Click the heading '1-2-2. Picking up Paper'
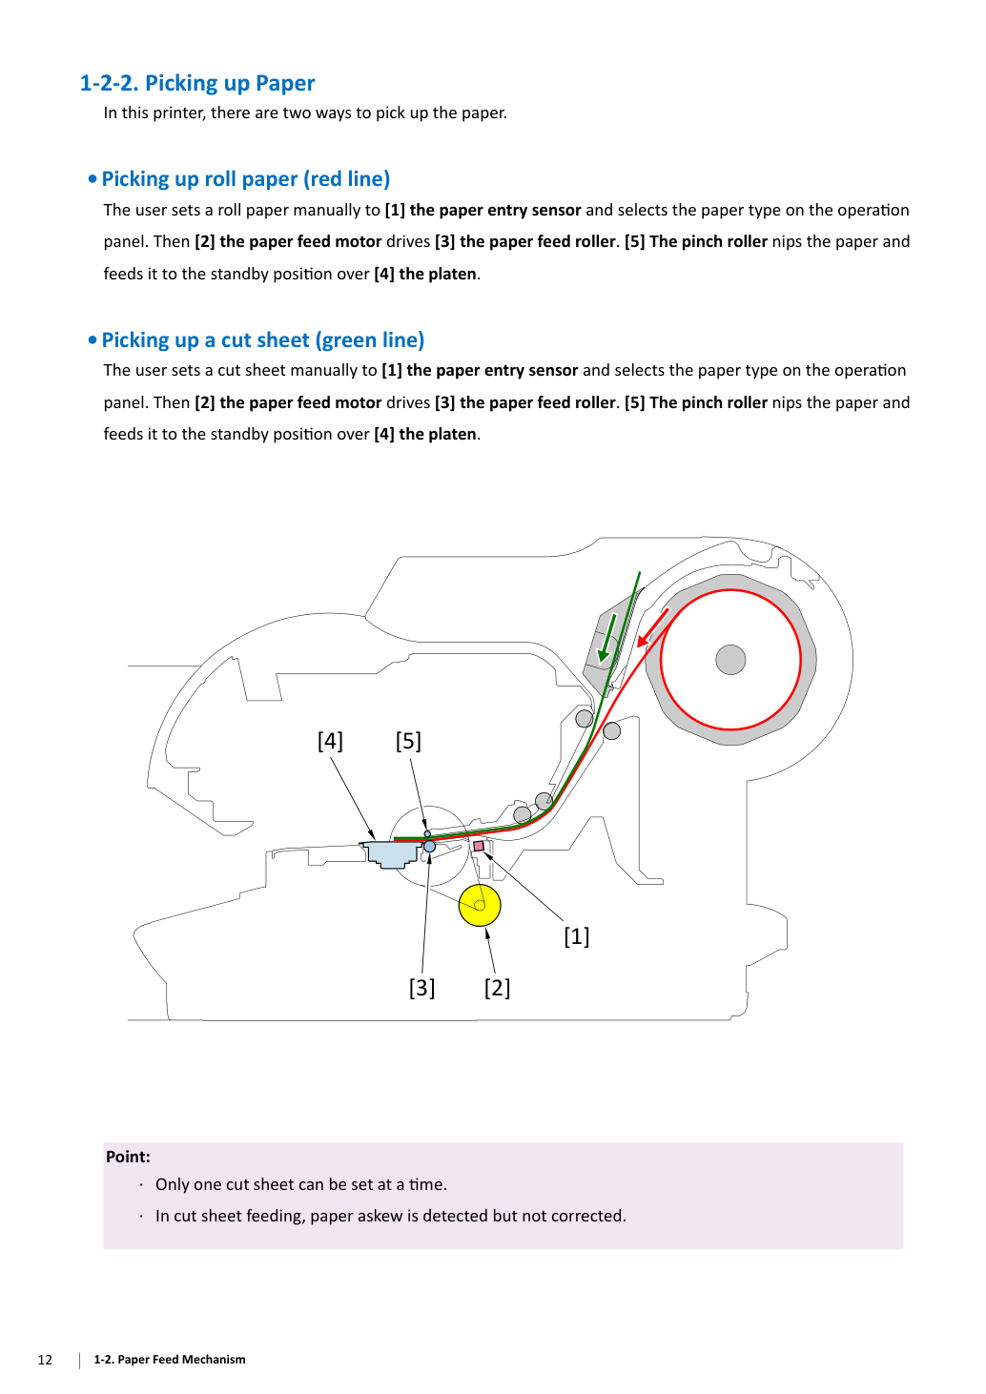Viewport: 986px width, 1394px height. (x=196, y=83)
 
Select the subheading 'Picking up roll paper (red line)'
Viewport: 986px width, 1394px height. (x=246, y=179)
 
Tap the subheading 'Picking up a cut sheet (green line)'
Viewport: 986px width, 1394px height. (x=262, y=339)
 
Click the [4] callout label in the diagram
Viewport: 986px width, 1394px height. (x=330, y=741)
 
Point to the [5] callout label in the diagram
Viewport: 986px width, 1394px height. (x=408, y=741)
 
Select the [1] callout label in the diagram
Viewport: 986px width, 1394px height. (x=576, y=936)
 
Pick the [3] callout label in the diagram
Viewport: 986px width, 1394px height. (x=421, y=988)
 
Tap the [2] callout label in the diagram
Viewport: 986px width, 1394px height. (x=497, y=988)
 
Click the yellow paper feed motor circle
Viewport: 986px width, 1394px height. (x=480, y=905)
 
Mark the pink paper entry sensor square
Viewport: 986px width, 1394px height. (x=479, y=846)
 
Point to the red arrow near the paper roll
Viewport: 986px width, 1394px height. (x=652, y=628)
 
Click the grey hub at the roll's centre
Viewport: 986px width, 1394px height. (x=730, y=660)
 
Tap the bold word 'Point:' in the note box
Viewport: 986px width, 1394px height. (x=128, y=1157)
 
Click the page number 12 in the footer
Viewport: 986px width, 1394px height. (x=45, y=1359)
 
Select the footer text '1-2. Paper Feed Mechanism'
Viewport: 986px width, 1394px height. (x=170, y=1359)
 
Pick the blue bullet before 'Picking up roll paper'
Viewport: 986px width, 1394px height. (x=92, y=180)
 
